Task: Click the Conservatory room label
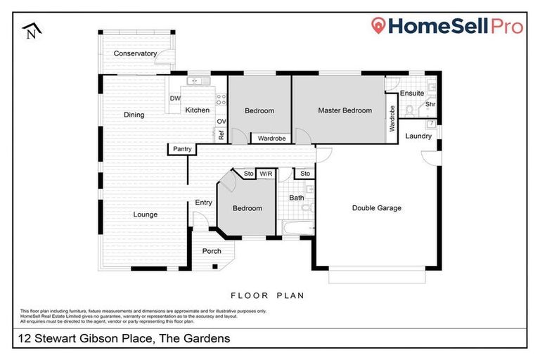[135, 53]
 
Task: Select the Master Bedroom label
[345, 110]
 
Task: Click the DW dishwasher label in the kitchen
[175, 98]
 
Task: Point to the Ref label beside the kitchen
[221, 135]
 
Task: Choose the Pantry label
[181, 149]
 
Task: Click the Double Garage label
[376, 208]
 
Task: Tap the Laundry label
[418, 136]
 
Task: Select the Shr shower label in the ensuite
[430, 105]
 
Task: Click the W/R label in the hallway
[266, 173]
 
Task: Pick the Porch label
[212, 251]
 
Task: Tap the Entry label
[203, 202]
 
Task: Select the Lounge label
[146, 214]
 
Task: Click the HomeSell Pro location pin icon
[380, 27]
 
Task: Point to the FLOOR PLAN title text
[268, 296]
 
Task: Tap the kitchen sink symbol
[194, 81]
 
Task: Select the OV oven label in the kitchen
[220, 121]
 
